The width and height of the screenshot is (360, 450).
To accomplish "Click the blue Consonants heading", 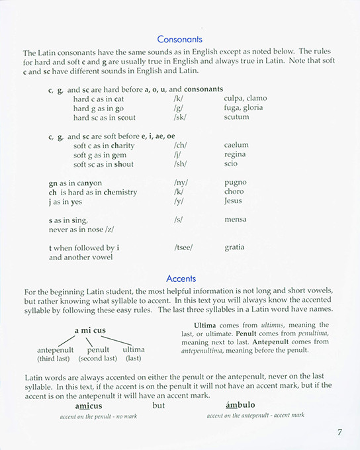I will pyautogui.click(x=180, y=40).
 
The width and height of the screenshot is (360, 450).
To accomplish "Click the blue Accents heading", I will pyautogui.click(x=180, y=279).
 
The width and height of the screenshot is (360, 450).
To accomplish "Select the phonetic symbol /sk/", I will pyautogui.click(x=179, y=117).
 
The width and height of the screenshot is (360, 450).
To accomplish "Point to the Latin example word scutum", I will pyautogui.click(x=236, y=117).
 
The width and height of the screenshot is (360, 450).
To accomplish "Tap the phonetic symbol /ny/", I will pyautogui.click(x=181, y=182).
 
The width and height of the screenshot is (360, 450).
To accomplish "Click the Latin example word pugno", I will pyautogui.click(x=236, y=182).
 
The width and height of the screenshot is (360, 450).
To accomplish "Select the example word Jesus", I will pyautogui.click(x=234, y=201).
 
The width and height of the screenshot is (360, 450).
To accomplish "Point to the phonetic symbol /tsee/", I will pyautogui.click(x=183, y=247).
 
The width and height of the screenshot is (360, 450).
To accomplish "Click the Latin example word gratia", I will pyautogui.click(x=234, y=247).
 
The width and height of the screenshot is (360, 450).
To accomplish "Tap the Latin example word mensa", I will pyautogui.click(x=236, y=219).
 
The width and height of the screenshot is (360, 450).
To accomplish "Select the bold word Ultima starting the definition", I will pyautogui.click(x=206, y=325).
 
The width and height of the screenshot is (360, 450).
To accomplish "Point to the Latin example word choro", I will pyautogui.click(x=234, y=191).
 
